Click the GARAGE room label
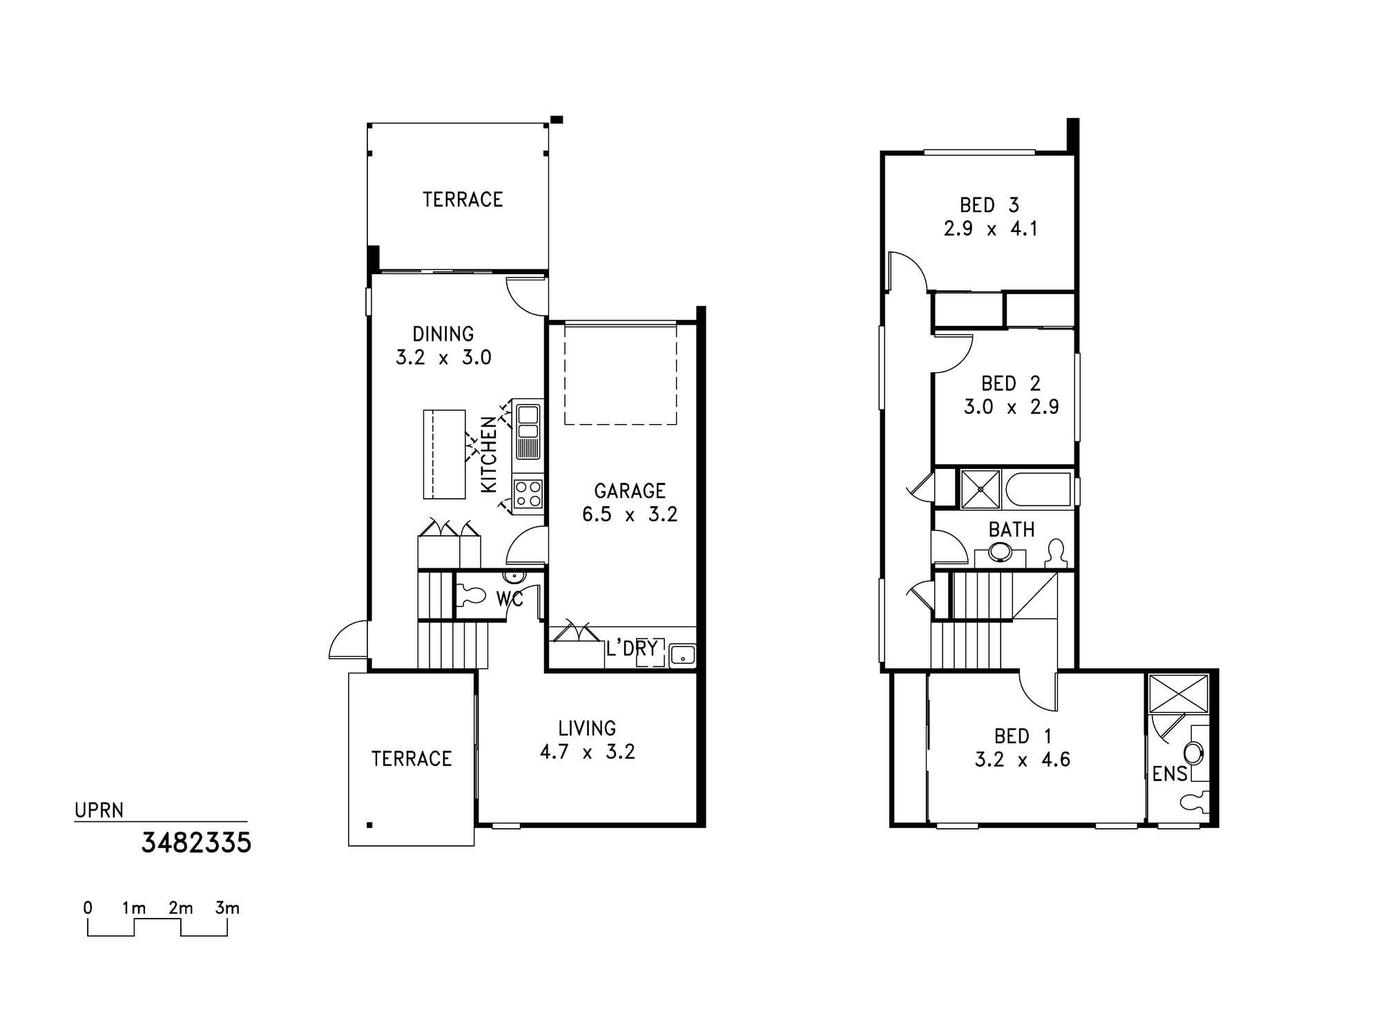click(x=630, y=491)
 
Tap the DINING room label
click(x=443, y=334)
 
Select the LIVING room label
click(x=587, y=729)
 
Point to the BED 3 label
click(x=989, y=205)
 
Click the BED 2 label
click(x=1011, y=383)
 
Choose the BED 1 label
click(x=1023, y=736)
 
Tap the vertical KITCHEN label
click(x=489, y=454)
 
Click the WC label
click(x=510, y=599)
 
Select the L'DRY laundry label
click(x=632, y=649)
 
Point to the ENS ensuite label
click(x=1170, y=774)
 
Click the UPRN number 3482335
click(x=197, y=843)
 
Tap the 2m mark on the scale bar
click(x=180, y=908)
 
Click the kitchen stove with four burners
click(x=528, y=494)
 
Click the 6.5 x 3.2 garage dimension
click(x=630, y=515)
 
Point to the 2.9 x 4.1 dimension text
click(x=990, y=229)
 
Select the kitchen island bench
click(x=444, y=454)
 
